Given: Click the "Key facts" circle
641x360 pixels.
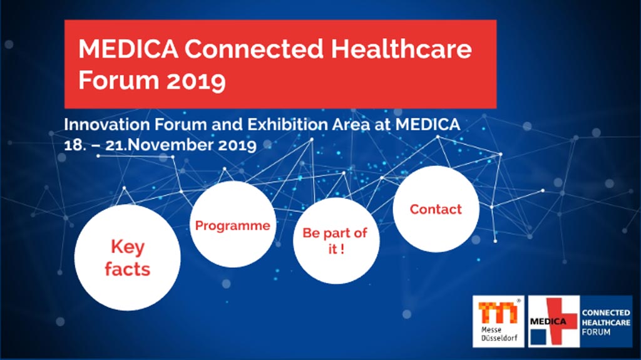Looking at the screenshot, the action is tap(128, 258).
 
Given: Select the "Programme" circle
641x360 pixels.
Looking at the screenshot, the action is tap(233, 225).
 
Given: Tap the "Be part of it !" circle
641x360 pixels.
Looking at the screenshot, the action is tap(336, 241).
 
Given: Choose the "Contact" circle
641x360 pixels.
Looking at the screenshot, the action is tap(436, 209).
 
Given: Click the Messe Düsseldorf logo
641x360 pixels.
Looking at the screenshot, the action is tap(498, 322).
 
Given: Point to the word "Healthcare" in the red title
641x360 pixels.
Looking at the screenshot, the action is tap(401, 49).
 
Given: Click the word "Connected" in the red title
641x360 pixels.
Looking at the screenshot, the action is tap(254, 49).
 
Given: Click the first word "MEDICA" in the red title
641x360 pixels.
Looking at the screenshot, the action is tap(128, 49).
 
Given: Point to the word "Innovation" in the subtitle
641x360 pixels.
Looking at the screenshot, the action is tap(106, 125).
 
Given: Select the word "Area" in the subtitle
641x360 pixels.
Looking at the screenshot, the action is tap(351, 125).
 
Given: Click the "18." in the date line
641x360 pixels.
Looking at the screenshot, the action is tap(75, 145).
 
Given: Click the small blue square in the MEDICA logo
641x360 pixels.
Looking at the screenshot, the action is tap(538, 337).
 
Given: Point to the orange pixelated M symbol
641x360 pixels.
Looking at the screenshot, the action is tap(498, 312).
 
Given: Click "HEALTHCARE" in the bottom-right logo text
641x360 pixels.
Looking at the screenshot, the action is tap(606, 322).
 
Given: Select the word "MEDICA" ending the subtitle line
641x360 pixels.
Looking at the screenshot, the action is tap(428, 125).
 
